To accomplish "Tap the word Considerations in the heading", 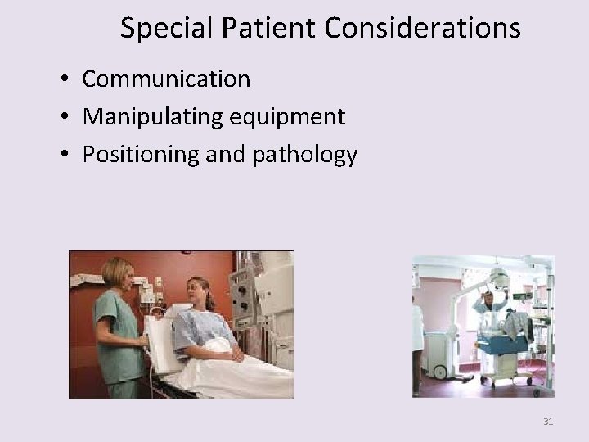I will point(422,28).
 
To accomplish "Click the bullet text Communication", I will point(166,79).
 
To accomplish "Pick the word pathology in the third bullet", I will point(312,155).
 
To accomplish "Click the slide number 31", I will point(548,422).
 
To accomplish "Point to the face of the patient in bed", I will point(196,291).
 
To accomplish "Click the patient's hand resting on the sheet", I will point(236,356).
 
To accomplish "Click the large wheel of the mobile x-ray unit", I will point(440,372).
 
